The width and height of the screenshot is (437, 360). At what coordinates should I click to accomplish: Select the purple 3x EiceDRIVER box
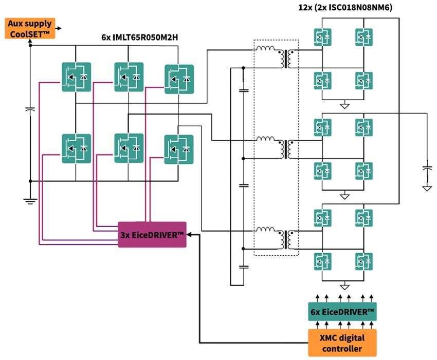(x=152, y=235)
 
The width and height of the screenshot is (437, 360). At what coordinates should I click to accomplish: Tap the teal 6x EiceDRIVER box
(x=342, y=312)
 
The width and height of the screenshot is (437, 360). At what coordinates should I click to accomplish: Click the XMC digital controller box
(x=342, y=343)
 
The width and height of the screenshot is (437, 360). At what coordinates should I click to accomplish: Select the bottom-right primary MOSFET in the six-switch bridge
(x=179, y=149)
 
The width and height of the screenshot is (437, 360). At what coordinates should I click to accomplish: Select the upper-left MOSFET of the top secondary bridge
(x=322, y=36)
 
